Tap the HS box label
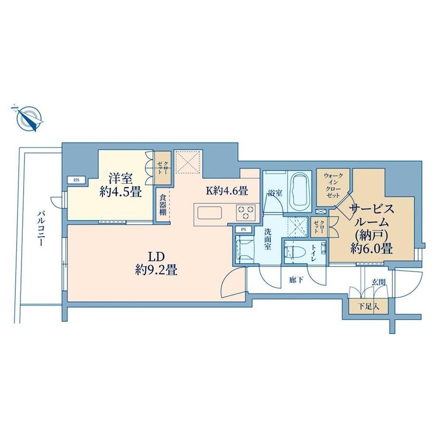76,180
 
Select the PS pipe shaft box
243,229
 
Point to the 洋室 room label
121,178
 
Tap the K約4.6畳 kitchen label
227,190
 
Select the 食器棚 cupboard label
163,206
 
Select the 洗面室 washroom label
267,239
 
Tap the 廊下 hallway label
296,280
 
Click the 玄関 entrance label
379,282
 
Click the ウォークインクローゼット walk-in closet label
333,186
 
